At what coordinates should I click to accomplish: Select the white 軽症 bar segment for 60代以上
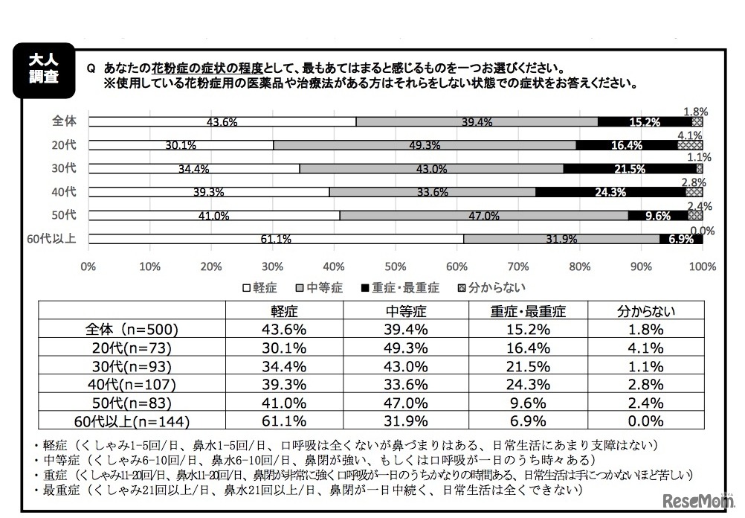[x=275, y=239]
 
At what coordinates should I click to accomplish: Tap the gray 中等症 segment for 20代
[x=425, y=144]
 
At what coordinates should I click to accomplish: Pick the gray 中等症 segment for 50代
[x=484, y=215]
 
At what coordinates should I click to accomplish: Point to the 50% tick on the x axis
[x=396, y=266]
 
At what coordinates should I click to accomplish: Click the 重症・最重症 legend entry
[x=399, y=287]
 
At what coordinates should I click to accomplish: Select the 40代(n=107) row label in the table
[x=132, y=385]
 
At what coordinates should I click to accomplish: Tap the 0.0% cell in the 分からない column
[x=645, y=421]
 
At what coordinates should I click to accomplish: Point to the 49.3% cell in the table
[x=406, y=348]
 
